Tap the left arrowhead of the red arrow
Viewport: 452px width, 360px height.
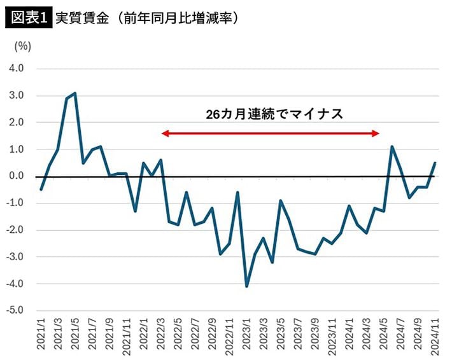tap(164, 134)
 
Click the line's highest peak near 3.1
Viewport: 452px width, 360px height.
tap(75, 93)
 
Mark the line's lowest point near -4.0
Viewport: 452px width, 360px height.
tap(246, 286)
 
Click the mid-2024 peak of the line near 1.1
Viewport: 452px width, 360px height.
tap(392, 147)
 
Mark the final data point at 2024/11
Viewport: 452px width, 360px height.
tap(435, 163)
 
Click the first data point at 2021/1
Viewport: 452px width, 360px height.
tap(41, 190)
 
